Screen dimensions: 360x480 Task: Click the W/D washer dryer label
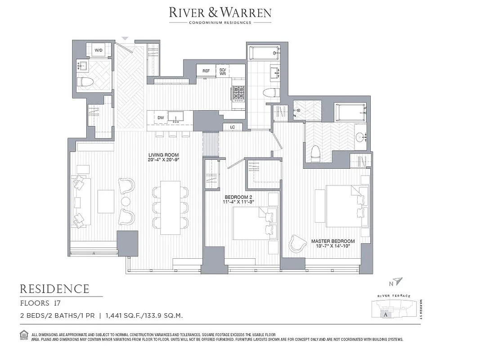[x=98, y=51]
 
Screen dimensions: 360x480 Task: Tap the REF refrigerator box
[x=206, y=71]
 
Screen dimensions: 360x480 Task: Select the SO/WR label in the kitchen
[x=222, y=71]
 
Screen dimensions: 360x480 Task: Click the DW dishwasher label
[x=161, y=118]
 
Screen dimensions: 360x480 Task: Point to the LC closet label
[x=233, y=127]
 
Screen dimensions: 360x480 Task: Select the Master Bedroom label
[x=333, y=243]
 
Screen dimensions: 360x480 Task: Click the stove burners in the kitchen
[x=238, y=94]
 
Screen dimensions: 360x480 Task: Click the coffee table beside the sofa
[x=106, y=201]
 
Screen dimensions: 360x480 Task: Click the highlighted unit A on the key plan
[x=386, y=315]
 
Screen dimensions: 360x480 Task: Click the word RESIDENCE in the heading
[x=54, y=289]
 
